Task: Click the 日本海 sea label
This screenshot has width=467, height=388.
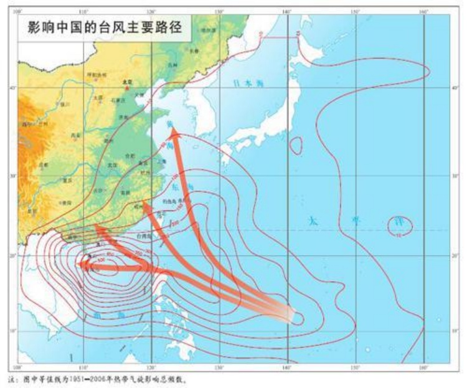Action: [247, 83]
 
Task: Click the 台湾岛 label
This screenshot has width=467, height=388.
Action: [144, 236]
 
